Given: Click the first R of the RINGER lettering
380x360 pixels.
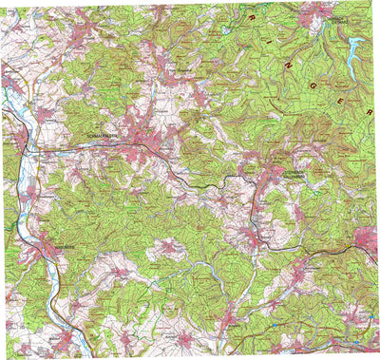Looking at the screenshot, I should click(x=249, y=16).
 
